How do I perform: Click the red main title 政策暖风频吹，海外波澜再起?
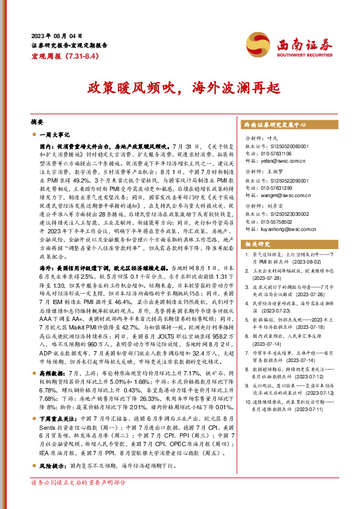point(179,86)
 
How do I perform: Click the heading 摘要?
point(37,122)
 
